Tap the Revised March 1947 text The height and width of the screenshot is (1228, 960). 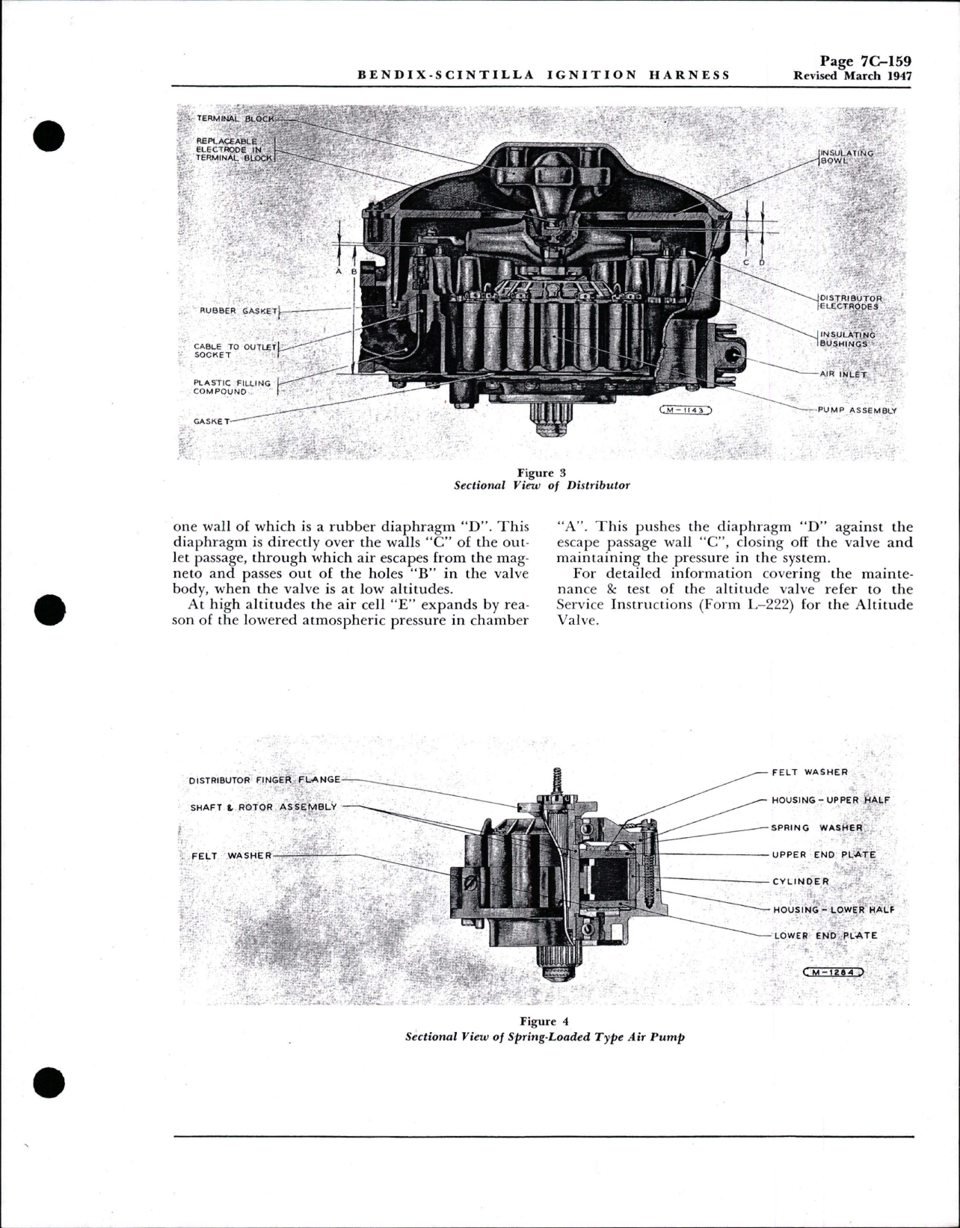[852, 75]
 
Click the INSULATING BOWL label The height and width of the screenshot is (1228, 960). [846, 157]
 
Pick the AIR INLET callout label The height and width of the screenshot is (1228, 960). [843, 374]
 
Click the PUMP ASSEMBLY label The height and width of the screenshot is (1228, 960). [857, 410]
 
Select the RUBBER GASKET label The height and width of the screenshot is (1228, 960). [238, 311]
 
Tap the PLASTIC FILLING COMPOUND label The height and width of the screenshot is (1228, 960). [232, 387]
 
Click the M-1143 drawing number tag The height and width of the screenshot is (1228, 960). [686, 410]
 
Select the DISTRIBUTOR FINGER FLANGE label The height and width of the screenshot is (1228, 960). [264, 780]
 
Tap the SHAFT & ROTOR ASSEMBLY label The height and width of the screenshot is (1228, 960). [263, 807]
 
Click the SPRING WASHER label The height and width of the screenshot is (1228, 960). [817, 827]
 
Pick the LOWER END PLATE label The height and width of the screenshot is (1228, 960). [825, 935]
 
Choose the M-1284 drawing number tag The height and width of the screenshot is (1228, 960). [832, 972]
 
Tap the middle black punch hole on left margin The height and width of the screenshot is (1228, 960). [50, 609]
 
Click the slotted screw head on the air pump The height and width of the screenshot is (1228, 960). [471, 883]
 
